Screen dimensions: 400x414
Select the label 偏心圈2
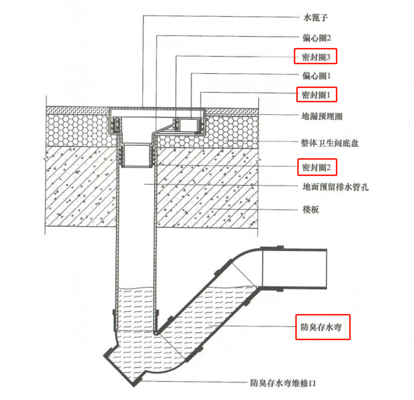320,37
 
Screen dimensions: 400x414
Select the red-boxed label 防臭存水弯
322,327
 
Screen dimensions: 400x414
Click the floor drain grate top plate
155,108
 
